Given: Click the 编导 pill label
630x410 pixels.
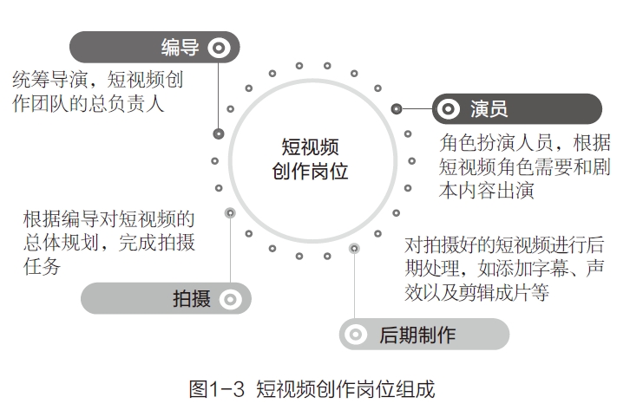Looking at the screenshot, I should pos(180,48).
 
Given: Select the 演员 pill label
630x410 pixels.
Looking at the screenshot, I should pos(489,109).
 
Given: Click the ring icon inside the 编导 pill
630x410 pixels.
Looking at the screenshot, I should pos(221,48).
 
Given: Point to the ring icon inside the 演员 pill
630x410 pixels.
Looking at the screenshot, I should pos(448,109).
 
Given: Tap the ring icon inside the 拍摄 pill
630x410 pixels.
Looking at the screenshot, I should pos(230,300).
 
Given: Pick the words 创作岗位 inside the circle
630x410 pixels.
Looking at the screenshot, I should pos(310,171).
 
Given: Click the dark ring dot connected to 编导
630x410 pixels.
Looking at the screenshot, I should pos(220,133).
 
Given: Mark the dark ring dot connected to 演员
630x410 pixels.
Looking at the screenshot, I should pos(397,109).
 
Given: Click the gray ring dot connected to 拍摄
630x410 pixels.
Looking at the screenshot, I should pos(230,212).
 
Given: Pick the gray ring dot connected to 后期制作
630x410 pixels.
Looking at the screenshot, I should pos(354,249).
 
